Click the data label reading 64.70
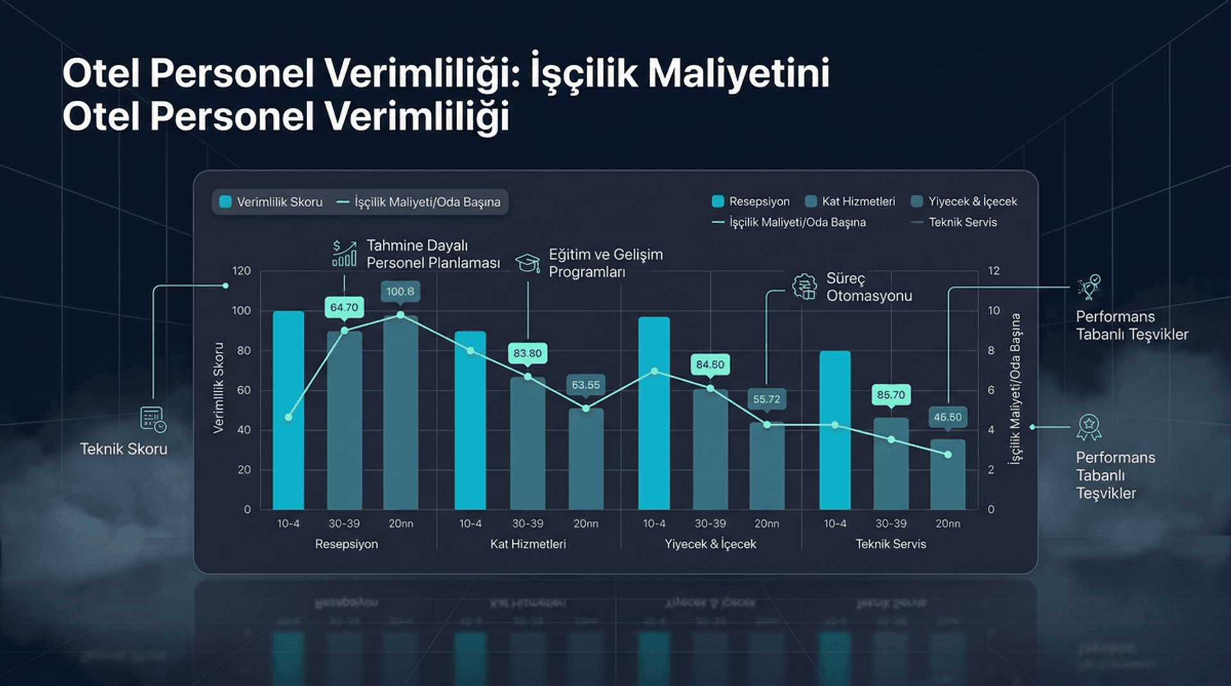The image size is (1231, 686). [x=344, y=307]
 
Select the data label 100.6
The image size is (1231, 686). [x=400, y=291]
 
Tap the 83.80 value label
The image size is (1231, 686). [x=527, y=353]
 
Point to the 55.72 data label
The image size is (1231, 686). [x=766, y=399]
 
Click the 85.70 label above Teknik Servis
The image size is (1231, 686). [x=891, y=395]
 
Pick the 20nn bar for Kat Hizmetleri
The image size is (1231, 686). [x=585, y=459]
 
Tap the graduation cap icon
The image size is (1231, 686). [x=528, y=262]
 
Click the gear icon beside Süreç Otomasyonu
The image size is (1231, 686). [x=804, y=286]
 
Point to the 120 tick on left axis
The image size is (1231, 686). [x=241, y=271]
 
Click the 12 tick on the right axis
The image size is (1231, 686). [x=993, y=271]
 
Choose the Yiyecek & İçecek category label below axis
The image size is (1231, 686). [x=710, y=544]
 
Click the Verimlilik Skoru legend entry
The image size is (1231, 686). [x=272, y=202]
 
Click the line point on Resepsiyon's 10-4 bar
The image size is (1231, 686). [x=289, y=417]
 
